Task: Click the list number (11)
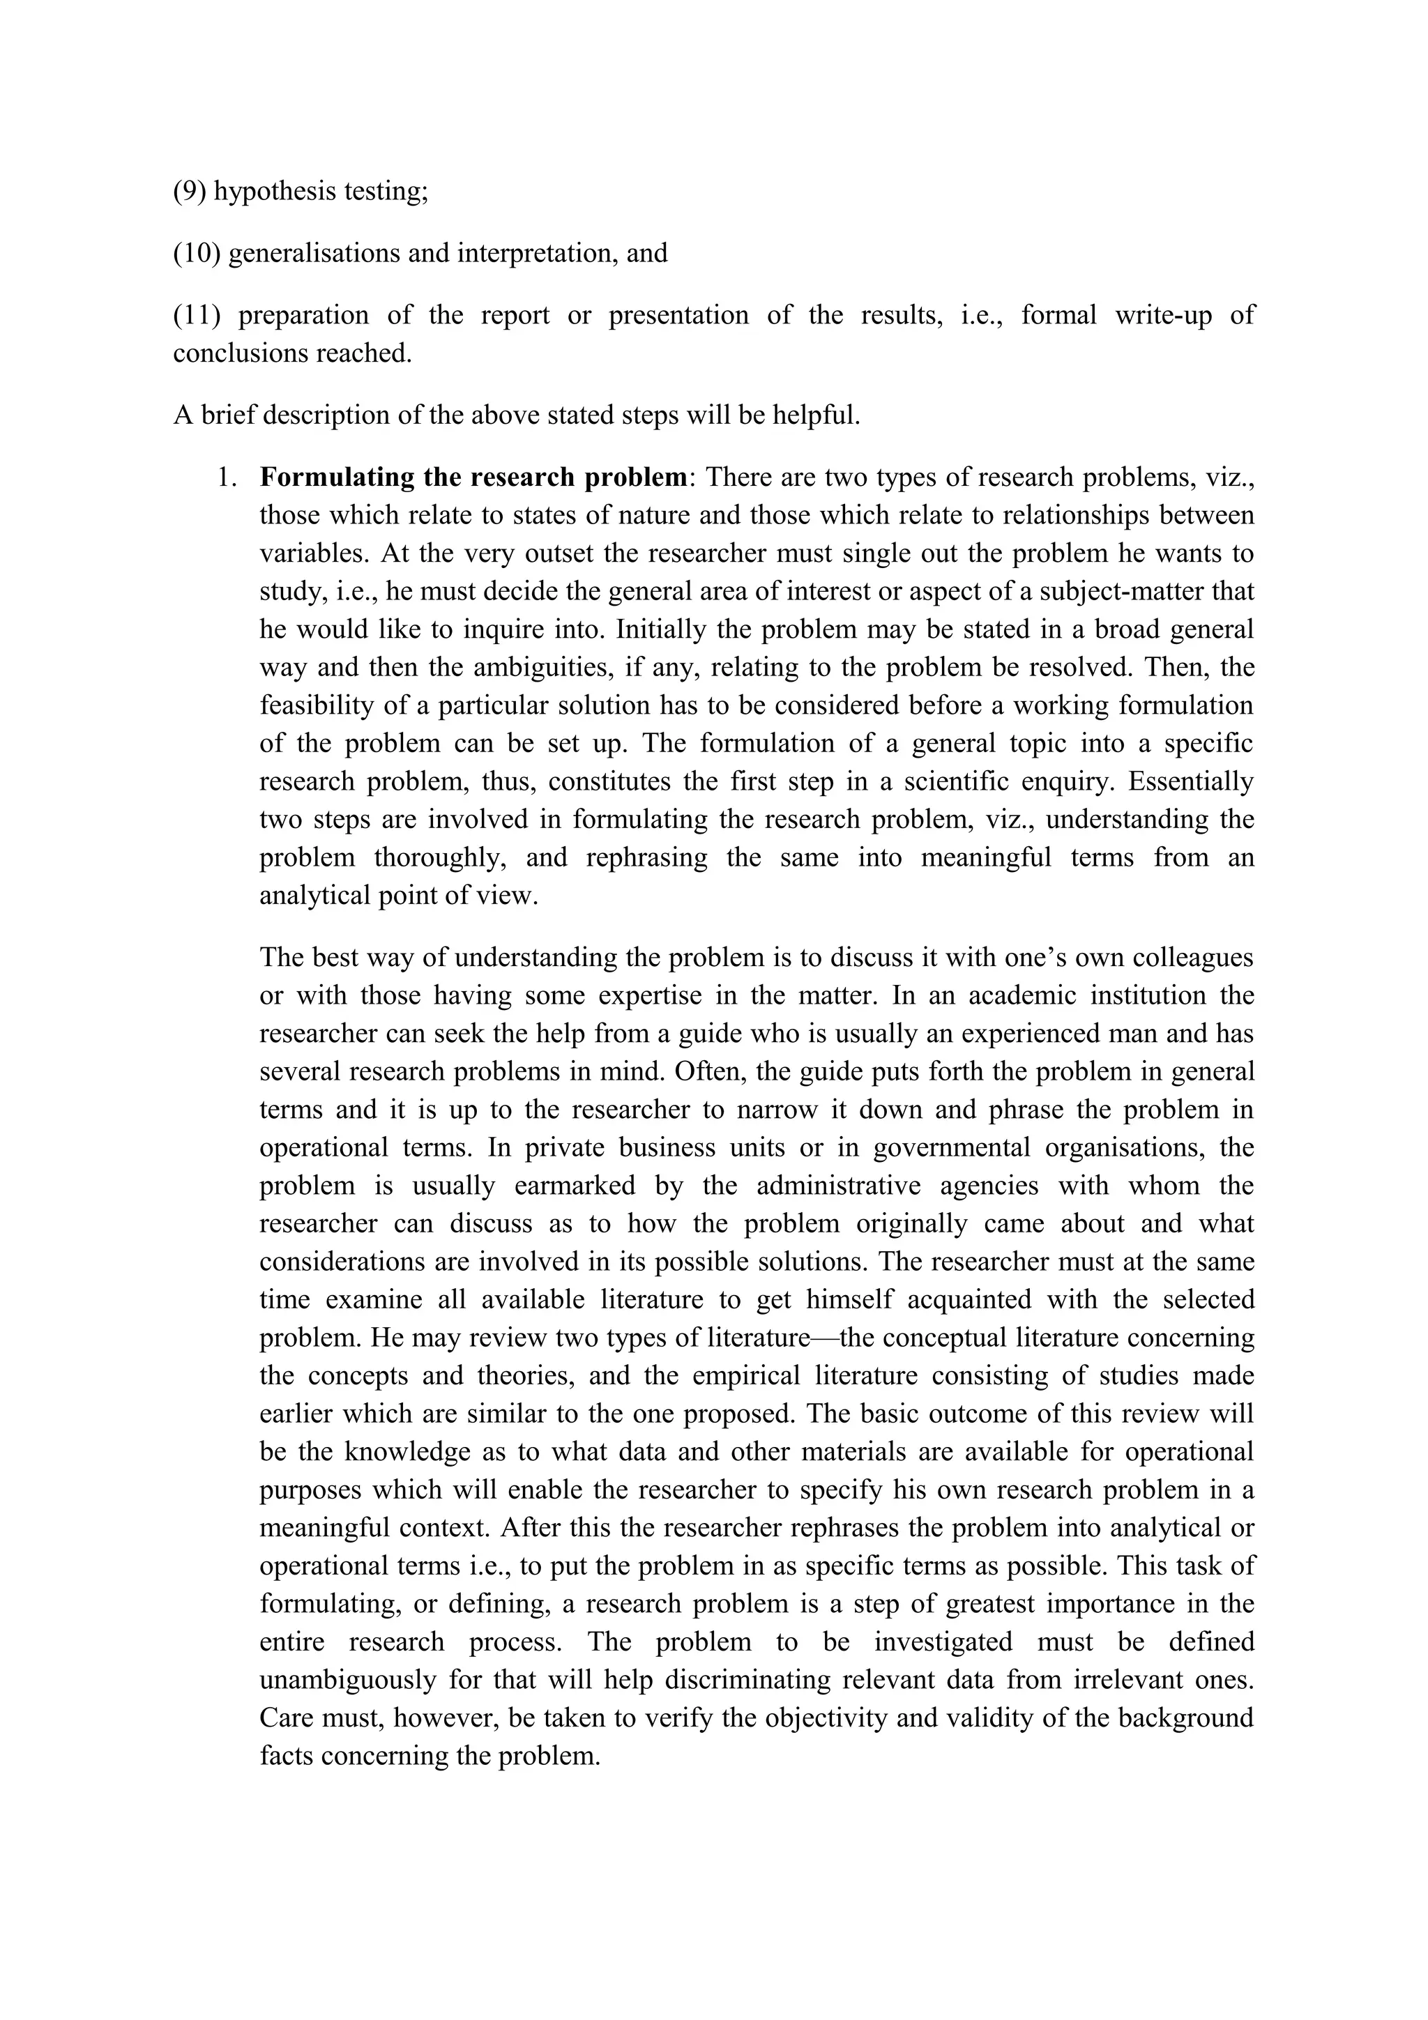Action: [x=196, y=315]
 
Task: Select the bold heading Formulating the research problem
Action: [x=473, y=477]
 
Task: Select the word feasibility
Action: [x=313, y=705]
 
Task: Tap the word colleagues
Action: [x=1188, y=957]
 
